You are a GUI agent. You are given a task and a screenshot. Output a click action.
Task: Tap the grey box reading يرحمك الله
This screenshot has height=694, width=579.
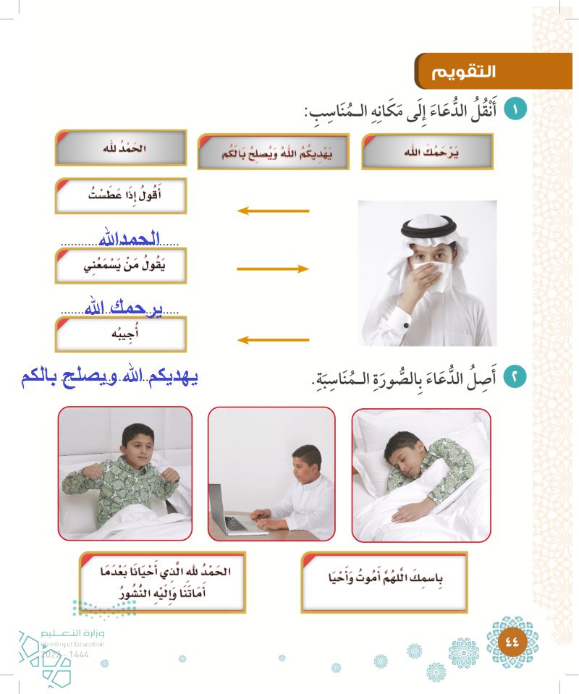(426, 153)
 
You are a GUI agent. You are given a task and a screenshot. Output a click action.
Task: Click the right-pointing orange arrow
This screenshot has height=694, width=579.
(273, 268)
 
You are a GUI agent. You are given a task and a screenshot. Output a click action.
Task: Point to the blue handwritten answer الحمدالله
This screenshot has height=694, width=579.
(127, 238)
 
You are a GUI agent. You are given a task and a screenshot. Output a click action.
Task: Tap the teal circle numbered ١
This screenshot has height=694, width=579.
(515, 111)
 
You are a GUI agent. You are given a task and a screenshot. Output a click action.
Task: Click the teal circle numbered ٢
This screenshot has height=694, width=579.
(515, 376)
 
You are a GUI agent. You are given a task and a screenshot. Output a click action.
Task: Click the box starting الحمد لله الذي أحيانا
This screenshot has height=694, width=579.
(162, 581)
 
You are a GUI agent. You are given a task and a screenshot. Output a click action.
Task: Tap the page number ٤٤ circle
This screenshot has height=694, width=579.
(512, 640)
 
